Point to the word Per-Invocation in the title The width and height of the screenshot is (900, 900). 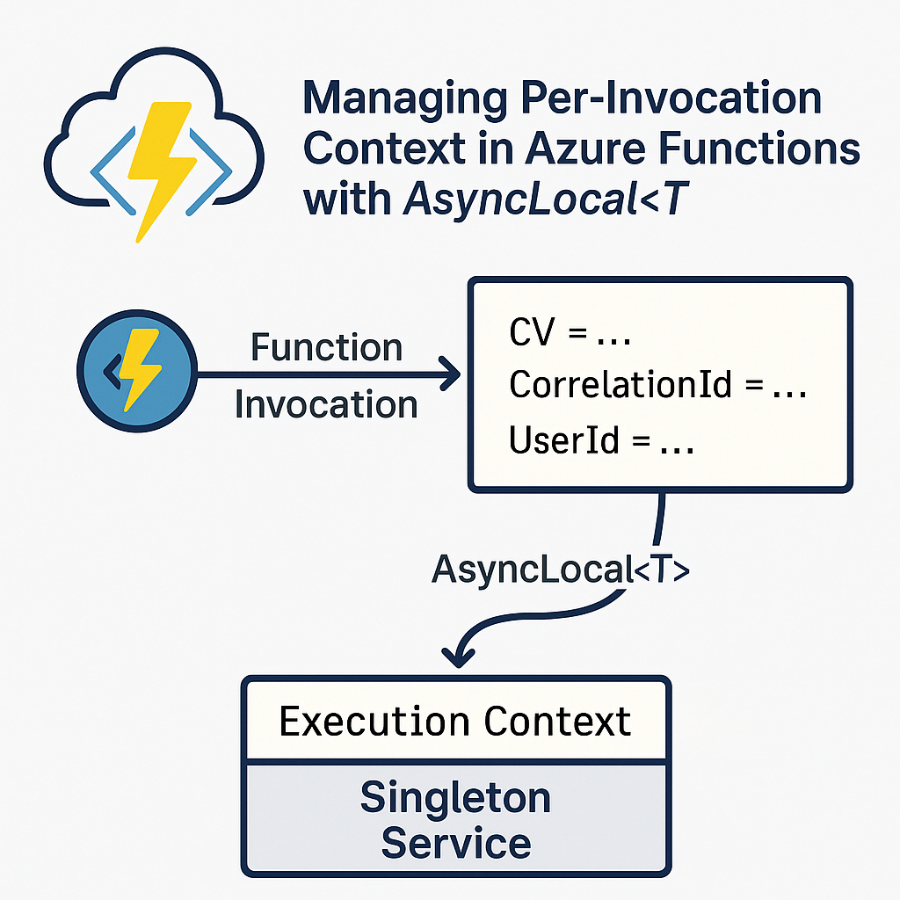[667, 98]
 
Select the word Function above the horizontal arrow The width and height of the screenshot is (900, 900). [326, 348]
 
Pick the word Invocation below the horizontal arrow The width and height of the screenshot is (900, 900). [326, 405]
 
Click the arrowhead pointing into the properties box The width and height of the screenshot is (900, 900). [449, 375]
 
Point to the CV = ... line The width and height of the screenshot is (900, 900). [570, 336]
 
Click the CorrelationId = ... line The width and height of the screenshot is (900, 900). [657, 386]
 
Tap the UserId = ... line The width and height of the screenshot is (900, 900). [602, 441]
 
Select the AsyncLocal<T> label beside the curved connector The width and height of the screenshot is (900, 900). [561, 571]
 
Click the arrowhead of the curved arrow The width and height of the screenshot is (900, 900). [455, 655]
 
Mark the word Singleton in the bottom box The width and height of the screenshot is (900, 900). [455, 798]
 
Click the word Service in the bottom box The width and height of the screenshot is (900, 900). [455, 844]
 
